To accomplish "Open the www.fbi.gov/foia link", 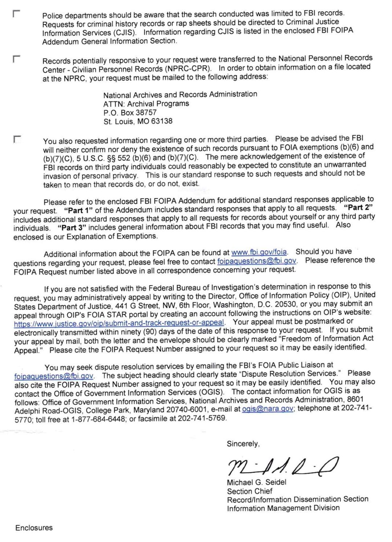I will [x=259, y=252].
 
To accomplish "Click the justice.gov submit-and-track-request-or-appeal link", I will [x=119, y=323].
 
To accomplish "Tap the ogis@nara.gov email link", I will [x=268, y=409].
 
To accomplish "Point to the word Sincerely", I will [x=243, y=444].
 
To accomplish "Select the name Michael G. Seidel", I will [x=256, y=483].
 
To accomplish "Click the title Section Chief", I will [x=249, y=491].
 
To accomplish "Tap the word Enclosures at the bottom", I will [x=34, y=528].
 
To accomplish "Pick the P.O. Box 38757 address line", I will [x=130, y=113].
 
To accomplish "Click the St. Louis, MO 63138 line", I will [x=138, y=121].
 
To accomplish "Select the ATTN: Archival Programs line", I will [x=146, y=104].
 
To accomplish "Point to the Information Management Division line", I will [x=283, y=508].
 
